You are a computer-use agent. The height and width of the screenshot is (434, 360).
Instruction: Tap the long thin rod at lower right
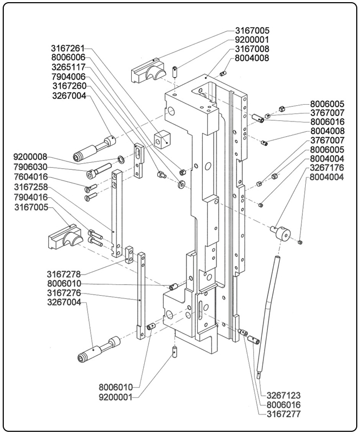270,315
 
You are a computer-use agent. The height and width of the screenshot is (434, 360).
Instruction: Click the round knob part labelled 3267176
281,234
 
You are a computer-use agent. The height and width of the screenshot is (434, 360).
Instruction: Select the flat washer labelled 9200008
119,159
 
